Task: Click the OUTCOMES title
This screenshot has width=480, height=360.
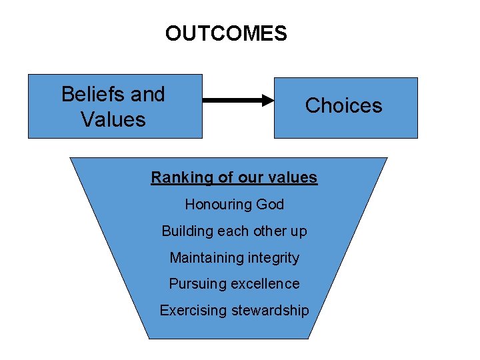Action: [x=226, y=33]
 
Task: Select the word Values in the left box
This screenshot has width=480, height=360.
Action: [x=113, y=120]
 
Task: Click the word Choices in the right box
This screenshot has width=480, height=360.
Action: [x=343, y=105]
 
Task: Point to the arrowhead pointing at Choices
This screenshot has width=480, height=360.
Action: [x=267, y=101]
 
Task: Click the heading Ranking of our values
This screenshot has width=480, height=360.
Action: [x=234, y=177]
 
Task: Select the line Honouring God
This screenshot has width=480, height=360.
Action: [x=234, y=204]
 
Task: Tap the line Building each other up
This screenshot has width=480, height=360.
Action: [x=234, y=231]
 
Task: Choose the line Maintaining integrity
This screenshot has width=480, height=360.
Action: [x=234, y=257]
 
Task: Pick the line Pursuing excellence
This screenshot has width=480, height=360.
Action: [x=234, y=284]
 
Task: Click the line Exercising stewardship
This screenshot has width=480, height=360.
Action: [x=234, y=311]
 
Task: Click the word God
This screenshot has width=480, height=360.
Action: [x=270, y=204]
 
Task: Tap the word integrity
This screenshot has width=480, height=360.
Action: [x=275, y=257]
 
